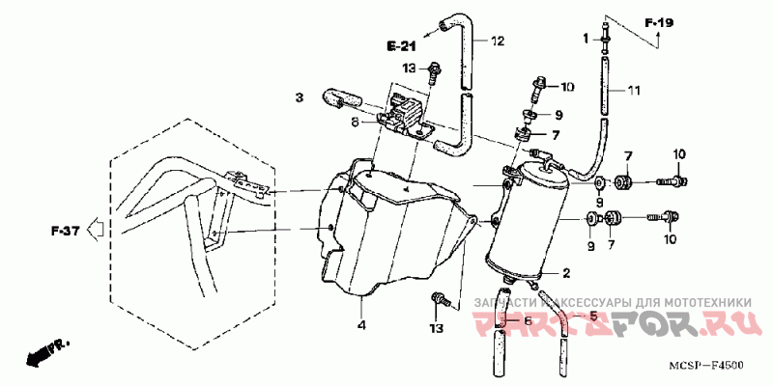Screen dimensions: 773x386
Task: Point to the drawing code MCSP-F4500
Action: click(x=710, y=366)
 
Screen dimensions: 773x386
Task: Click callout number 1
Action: click(x=585, y=38)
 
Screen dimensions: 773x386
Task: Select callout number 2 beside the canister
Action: click(x=566, y=273)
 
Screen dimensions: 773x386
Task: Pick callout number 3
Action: click(x=300, y=97)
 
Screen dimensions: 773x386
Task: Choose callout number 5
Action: click(x=593, y=317)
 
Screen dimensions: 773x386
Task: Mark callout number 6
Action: click(x=528, y=321)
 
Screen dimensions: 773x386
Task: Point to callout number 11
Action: click(x=634, y=91)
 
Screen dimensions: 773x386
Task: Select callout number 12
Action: click(x=498, y=41)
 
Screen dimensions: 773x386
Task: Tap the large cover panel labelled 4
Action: click(x=396, y=232)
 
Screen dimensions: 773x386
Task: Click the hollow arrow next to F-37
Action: click(x=95, y=230)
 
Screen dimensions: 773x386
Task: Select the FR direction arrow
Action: click(x=43, y=353)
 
